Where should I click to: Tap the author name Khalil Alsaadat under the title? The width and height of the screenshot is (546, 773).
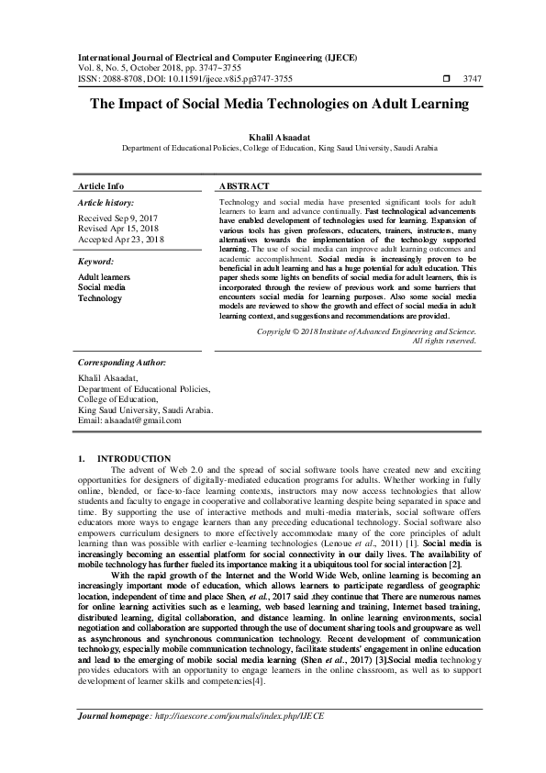[x=273, y=136]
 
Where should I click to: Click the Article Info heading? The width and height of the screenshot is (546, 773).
[x=101, y=185]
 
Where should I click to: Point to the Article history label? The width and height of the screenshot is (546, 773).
[x=106, y=202]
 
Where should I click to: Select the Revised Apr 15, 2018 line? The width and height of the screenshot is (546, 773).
[x=118, y=230]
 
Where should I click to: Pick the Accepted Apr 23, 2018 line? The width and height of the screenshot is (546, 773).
[x=120, y=240]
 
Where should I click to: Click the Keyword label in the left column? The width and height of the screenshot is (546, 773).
[x=95, y=261]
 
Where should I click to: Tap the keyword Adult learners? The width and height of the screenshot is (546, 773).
[x=104, y=276]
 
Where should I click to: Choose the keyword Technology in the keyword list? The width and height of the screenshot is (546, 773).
[x=99, y=298]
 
